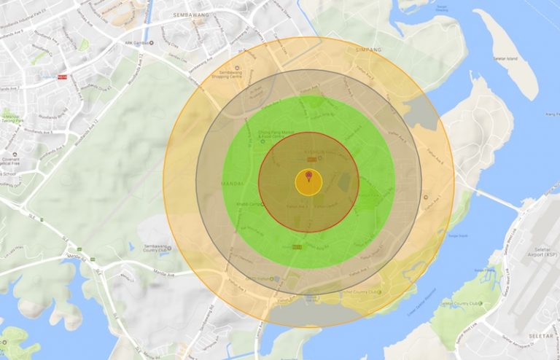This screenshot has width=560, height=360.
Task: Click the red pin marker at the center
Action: [308, 176]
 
